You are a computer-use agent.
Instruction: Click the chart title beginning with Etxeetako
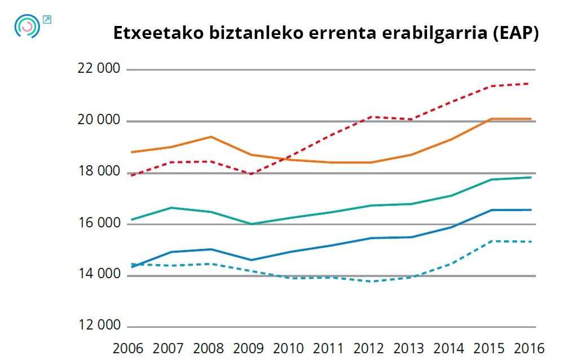pos(326,33)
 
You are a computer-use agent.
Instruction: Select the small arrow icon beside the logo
pos(47,20)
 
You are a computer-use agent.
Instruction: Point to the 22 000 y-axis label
pos(100,69)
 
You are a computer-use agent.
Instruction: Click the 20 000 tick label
pos(100,120)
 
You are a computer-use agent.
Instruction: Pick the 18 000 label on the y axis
pos(100,172)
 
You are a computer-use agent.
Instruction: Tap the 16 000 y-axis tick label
pos(100,223)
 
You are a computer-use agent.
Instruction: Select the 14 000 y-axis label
pos(100,275)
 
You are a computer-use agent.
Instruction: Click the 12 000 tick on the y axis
pos(100,326)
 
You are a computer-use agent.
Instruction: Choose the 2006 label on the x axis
pos(128,348)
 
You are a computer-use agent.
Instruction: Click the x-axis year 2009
pos(248,348)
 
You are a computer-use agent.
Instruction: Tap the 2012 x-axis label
pos(369,348)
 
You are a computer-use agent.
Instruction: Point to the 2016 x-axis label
pos(529,348)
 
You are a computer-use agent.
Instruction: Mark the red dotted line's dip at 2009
pos(251,174)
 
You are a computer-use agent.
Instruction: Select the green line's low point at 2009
pos(251,224)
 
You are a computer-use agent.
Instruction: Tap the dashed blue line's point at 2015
pos(491,241)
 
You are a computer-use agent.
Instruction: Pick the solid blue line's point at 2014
pos(451,227)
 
